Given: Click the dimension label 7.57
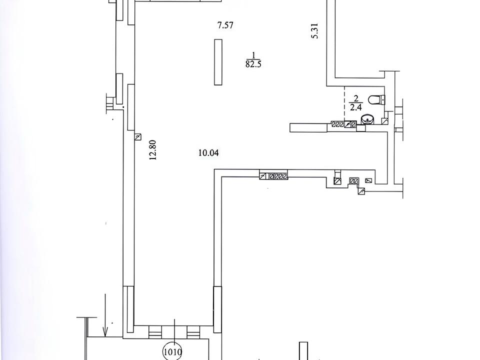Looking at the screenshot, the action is coord(225,25).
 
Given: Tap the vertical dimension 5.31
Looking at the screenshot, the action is coord(314,31).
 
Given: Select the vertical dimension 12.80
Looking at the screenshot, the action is coord(153,150).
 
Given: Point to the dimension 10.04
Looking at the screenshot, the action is coord(209,153).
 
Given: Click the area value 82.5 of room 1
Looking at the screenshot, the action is coord(253,64).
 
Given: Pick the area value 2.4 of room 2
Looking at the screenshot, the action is coord(355,107).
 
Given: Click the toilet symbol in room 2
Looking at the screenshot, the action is coord(376,99).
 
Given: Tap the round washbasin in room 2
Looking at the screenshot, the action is coord(367,119).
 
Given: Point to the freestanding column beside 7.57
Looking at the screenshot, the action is coord(218,62).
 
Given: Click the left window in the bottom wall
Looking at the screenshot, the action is coord(154,332).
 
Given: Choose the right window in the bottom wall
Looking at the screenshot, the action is coord(193,332).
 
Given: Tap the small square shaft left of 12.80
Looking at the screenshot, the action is coord(138,137).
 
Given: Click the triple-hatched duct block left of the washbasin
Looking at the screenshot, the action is coord(337,124).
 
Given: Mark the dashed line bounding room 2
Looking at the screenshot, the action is coord(344,103).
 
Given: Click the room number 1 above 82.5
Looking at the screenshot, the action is coord(253,55).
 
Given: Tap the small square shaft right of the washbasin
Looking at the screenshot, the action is coord(385,121).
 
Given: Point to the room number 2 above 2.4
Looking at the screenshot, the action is coord(355,98).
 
